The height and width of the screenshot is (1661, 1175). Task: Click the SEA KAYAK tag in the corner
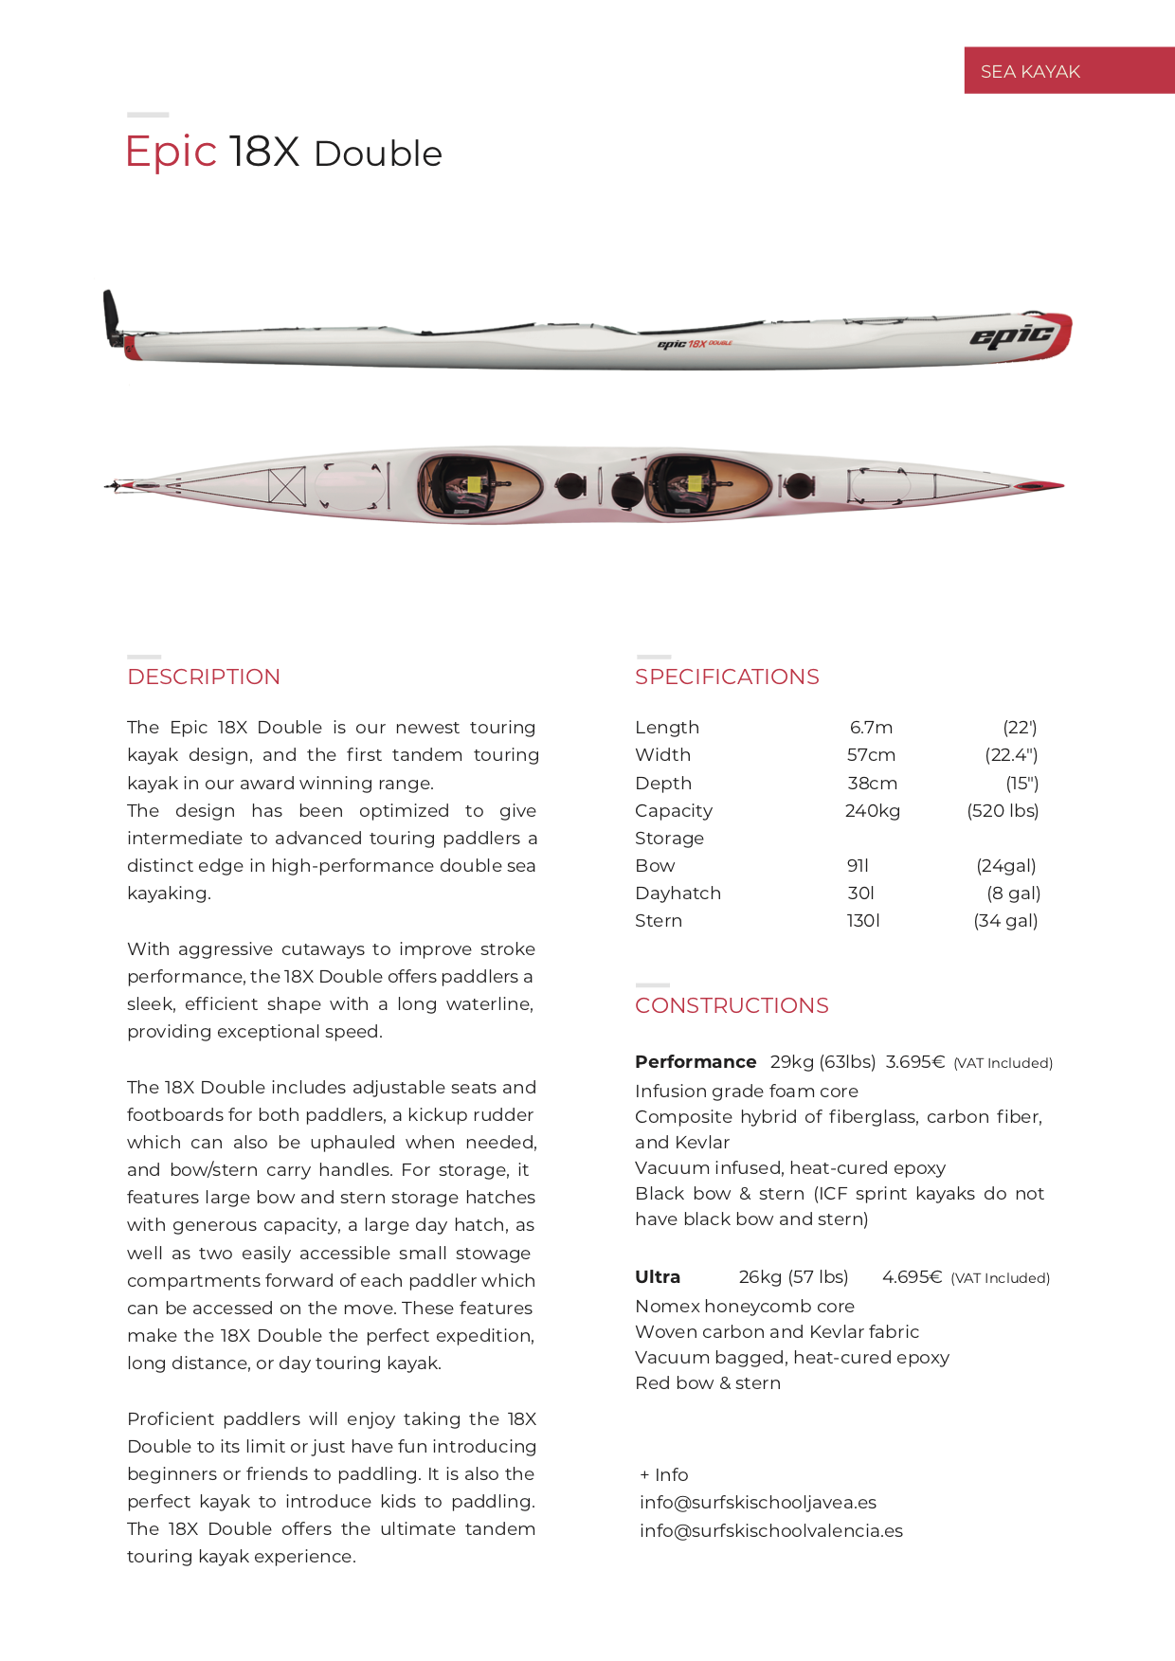[1030, 71]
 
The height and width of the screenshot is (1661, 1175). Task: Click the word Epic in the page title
[172, 152]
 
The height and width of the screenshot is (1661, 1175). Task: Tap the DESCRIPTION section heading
[204, 677]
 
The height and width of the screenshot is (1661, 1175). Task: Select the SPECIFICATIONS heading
[727, 677]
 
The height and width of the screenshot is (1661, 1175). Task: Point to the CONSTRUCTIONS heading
[732, 1005]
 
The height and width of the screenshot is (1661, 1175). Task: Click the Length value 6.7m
[871, 728]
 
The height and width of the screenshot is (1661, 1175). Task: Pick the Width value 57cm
[871, 755]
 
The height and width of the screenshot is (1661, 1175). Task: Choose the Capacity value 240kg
[872, 811]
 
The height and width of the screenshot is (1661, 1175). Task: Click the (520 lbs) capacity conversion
[1003, 811]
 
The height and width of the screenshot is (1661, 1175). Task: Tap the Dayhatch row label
[678, 894]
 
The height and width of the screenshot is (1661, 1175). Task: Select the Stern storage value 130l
[863, 921]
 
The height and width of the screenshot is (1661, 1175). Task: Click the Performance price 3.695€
[914, 1062]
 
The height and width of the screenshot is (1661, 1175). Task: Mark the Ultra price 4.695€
[912, 1277]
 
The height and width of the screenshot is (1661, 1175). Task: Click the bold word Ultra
[658, 1277]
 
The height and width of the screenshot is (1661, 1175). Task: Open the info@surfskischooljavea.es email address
[758, 1503]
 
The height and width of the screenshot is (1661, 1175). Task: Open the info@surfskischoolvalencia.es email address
[771, 1531]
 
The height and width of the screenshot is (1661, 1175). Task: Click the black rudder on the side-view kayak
[112, 316]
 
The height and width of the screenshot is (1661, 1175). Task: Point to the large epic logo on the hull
[1011, 335]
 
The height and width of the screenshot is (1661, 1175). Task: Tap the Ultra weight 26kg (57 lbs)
[793, 1277]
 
